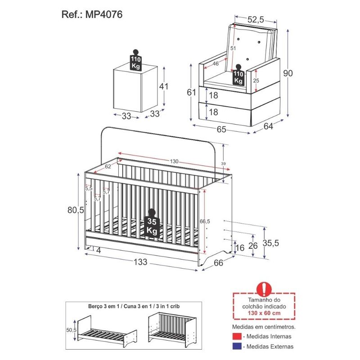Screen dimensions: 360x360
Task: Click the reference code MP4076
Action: click(103, 14)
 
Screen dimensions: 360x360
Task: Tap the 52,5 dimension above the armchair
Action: click(256, 20)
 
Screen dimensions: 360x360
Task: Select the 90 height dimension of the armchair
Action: click(288, 73)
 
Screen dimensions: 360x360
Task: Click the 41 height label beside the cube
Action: click(164, 86)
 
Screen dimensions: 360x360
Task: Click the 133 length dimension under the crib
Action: click(140, 262)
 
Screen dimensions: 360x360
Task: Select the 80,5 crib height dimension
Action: click(76, 210)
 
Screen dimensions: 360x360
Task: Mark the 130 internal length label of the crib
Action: click(174, 162)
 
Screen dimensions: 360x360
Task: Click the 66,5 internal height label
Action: click(205, 221)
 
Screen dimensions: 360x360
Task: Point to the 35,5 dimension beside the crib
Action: click(271, 243)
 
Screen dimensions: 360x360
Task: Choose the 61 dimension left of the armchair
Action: click(191, 92)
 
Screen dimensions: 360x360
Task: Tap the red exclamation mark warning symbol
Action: click(264, 288)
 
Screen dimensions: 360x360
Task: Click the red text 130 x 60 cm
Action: click(264, 313)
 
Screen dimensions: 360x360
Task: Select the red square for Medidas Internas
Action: click(237, 336)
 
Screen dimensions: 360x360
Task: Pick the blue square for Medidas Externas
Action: click(237, 346)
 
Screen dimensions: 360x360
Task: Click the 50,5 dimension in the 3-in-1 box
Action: click(71, 330)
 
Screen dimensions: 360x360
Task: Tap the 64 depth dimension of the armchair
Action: click(268, 126)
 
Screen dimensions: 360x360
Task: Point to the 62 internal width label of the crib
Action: click(108, 166)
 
